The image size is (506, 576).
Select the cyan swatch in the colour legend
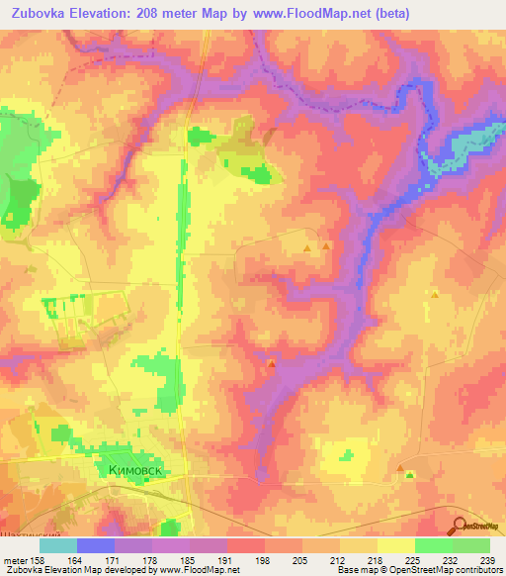58,544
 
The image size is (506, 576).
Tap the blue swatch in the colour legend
96,544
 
